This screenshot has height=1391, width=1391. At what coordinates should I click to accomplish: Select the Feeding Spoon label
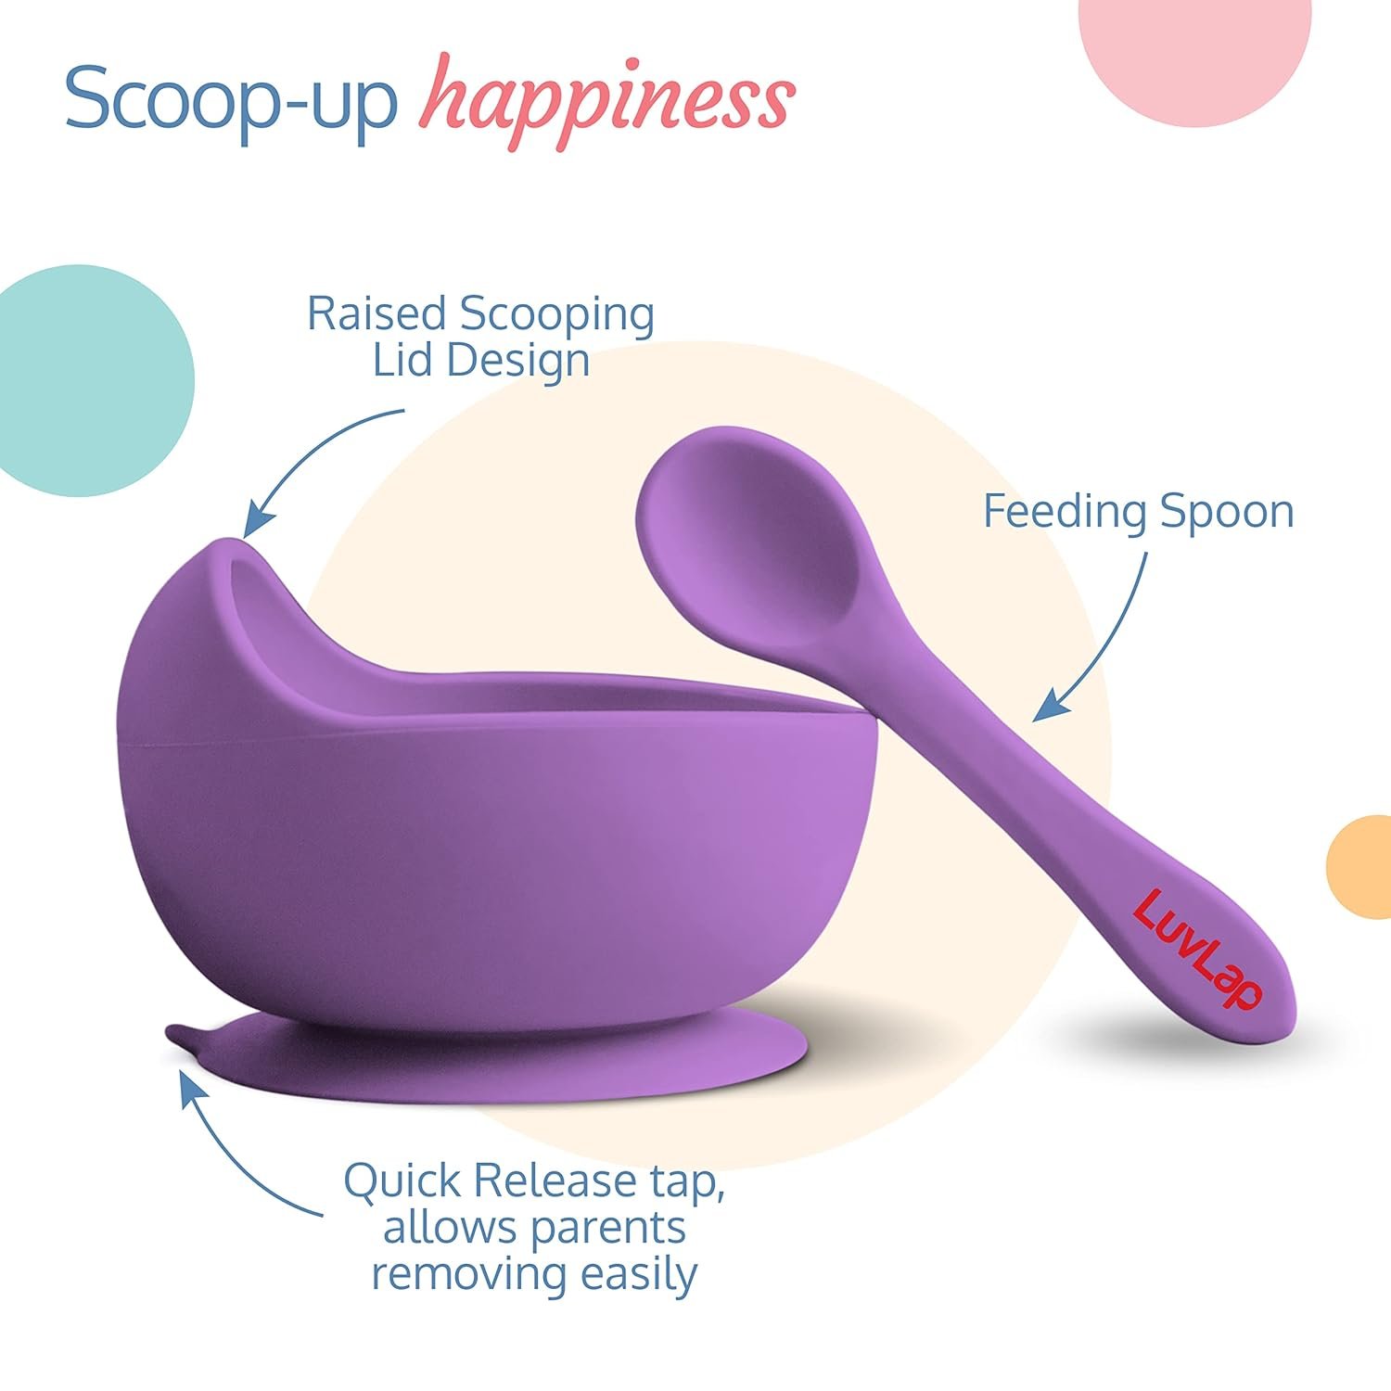(1138, 512)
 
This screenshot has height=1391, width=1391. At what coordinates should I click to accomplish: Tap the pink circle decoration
(1195, 46)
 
